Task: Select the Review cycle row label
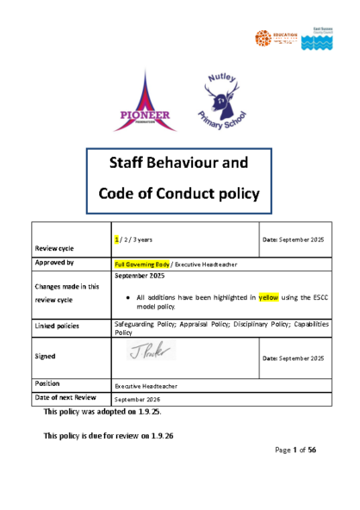[53, 246]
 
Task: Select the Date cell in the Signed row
[293, 358]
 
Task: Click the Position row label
[47, 382]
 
